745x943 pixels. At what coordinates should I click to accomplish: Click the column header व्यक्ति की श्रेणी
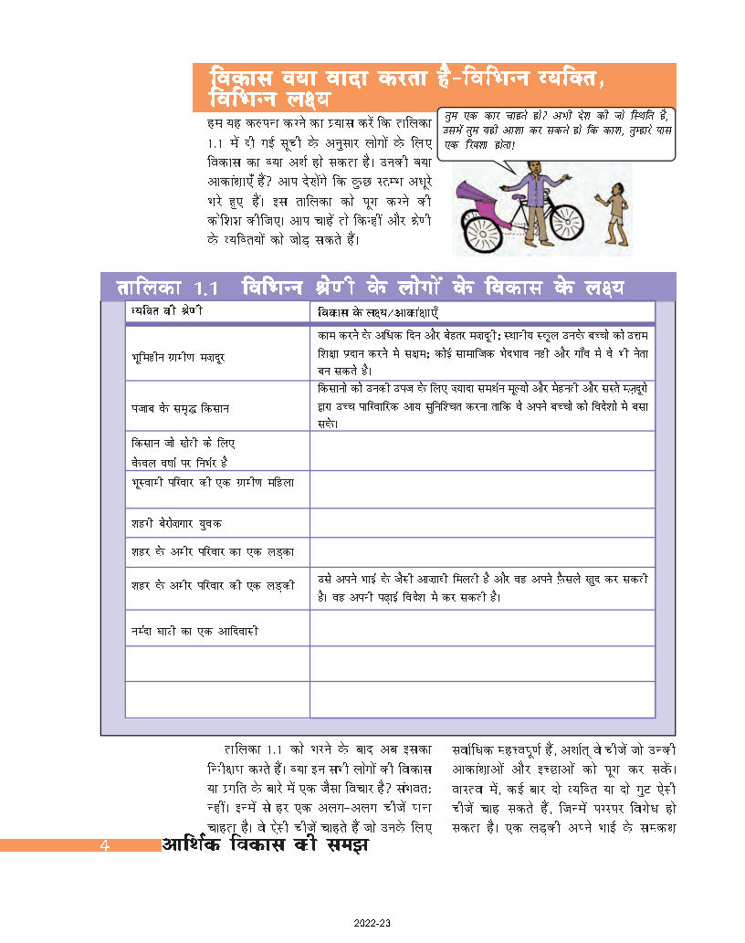click(x=166, y=312)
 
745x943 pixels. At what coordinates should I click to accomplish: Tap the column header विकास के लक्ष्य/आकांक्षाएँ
click(x=372, y=312)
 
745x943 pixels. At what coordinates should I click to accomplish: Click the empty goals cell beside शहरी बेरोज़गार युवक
click(x=482, y=523)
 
